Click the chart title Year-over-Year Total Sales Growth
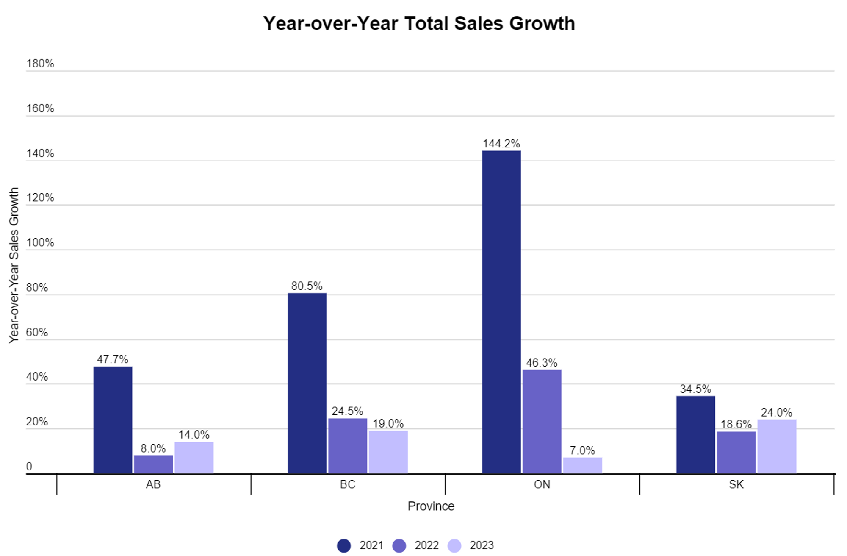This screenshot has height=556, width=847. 419,23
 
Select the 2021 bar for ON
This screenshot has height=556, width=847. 501,311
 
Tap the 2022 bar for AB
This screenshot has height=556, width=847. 153,464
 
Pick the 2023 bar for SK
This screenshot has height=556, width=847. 777,446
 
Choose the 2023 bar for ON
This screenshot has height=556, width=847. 582,465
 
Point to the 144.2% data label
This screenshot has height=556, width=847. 501,144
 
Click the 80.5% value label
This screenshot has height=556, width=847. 307,286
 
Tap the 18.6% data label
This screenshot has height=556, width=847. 736,424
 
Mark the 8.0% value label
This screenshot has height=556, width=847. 153,448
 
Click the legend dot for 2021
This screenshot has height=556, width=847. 344,545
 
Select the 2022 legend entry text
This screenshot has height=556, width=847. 426,545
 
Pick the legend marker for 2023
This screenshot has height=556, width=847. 454,545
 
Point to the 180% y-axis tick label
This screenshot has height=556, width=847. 40,64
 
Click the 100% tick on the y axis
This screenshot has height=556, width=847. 40,243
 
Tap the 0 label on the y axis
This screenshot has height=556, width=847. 29,467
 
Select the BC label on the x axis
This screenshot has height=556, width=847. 348,484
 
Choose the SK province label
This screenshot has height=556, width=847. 736,484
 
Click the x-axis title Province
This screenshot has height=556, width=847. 431,506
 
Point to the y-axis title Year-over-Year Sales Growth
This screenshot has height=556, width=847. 14,265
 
